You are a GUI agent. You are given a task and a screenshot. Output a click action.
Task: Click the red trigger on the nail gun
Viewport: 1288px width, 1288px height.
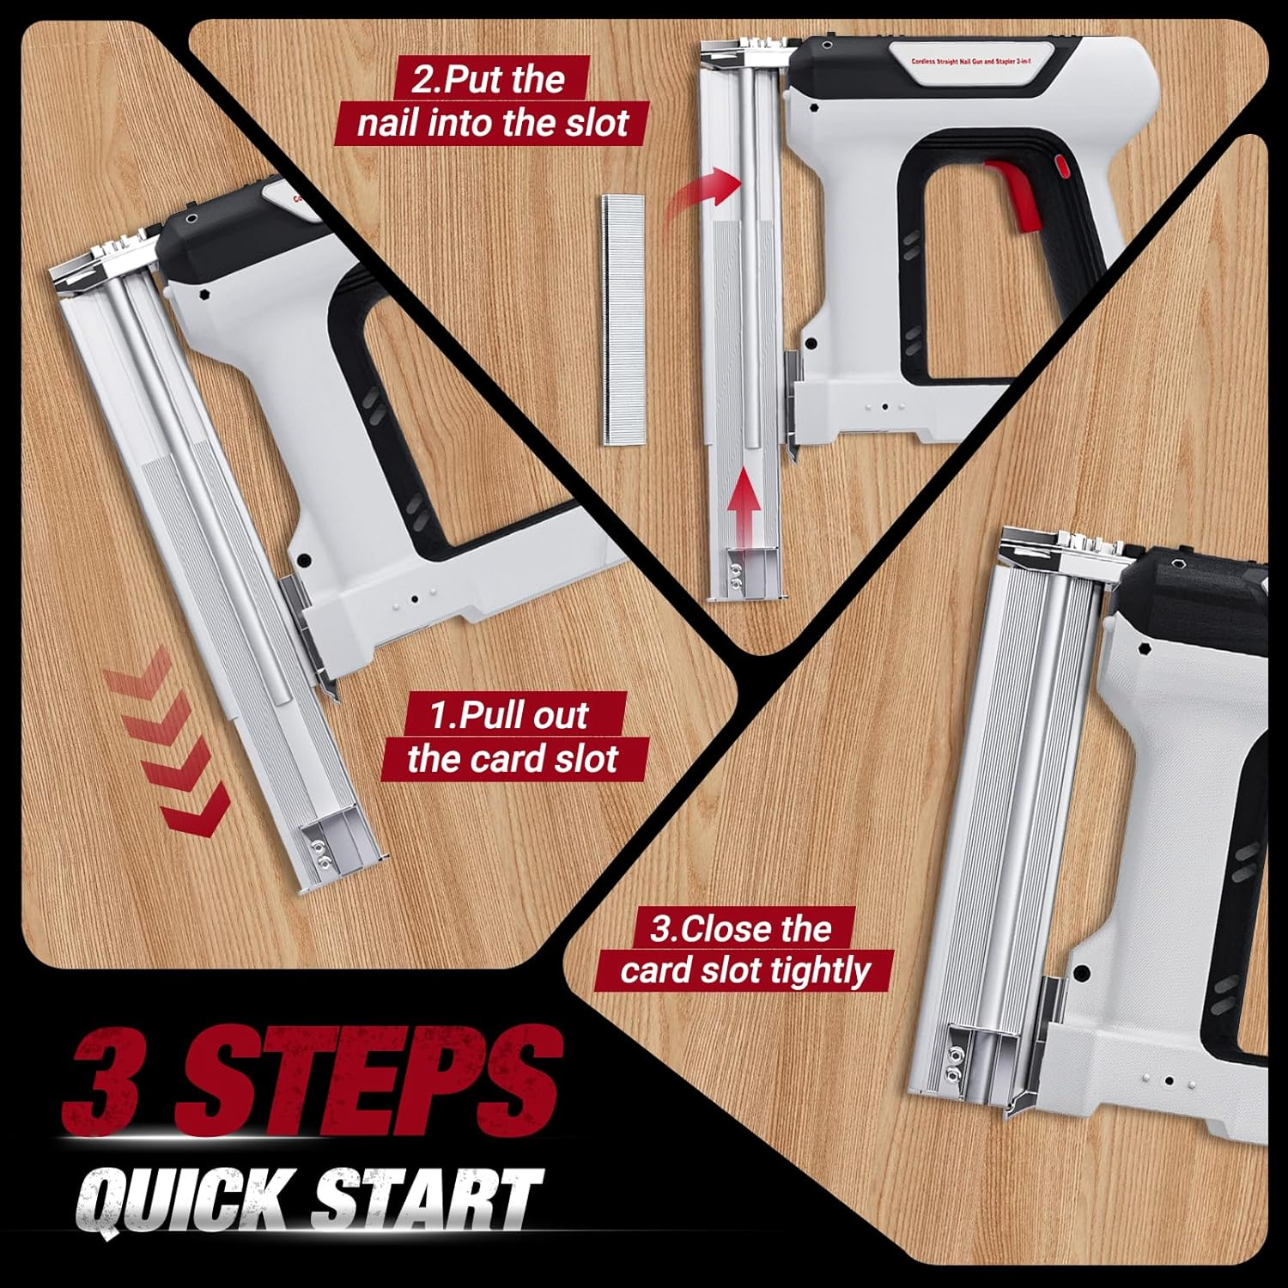(x=1015, y=193)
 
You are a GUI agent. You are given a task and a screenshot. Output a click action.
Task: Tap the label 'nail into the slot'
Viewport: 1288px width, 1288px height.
(x=493, y=123)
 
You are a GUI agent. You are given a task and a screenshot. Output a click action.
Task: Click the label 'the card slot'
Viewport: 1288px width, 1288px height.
(x=513, y=759)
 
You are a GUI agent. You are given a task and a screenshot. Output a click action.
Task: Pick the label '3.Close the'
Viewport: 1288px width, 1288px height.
(x=740, y=928)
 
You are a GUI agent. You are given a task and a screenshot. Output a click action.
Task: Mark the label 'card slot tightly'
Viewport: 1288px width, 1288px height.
(x=744, y=970)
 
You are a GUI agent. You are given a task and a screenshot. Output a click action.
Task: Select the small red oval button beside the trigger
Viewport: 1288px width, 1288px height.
(x=1059, y=164)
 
